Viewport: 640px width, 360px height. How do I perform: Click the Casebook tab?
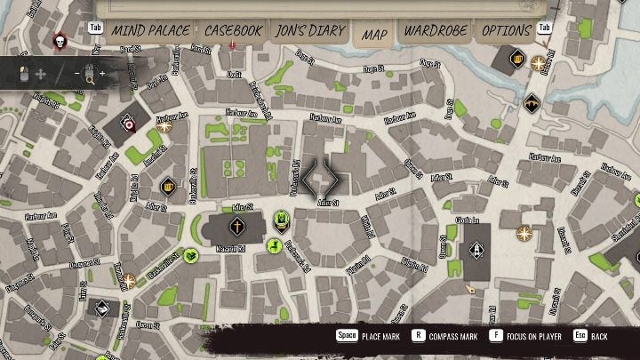click(x=233, y=30)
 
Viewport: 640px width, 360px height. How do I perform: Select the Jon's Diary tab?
click(x=309, y=30)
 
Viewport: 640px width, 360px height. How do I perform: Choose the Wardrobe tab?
click(x=436, y=30)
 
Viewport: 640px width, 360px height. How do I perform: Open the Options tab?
click(x=507, y=30)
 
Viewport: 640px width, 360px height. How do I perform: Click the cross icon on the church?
click(x=237, y=227)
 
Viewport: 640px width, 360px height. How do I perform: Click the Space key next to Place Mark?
click(x=346, y=337)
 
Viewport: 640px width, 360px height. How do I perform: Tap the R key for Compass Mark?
click(x=417, y=337)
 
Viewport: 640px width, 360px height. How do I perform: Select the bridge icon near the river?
click(x=532, y=101)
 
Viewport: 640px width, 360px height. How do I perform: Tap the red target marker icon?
click(x=130, y=125)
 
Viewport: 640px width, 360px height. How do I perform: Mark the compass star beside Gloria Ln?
click(x=524, y=235)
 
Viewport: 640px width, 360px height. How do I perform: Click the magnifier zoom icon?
click(x=90, y=75)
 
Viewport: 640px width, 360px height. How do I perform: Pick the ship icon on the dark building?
click(x=477, y=249)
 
